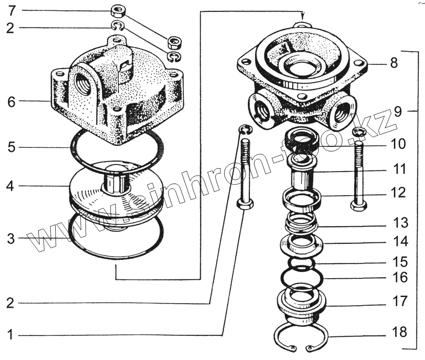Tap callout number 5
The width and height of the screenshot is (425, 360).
(11, 147)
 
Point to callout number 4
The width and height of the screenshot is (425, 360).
(10, 186)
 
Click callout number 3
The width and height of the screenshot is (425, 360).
(10, 239)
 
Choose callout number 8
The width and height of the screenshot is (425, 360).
(394, 63)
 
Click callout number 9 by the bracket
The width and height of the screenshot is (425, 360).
(398, 112)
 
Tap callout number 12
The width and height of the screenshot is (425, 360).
(398, 193)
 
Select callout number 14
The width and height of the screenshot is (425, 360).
(399, 242)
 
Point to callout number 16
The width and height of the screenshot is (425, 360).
(399, 277)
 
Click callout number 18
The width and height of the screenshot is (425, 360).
(399, 332)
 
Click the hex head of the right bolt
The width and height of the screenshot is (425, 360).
(358, 206)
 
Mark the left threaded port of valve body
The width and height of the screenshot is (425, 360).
(261, 110)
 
